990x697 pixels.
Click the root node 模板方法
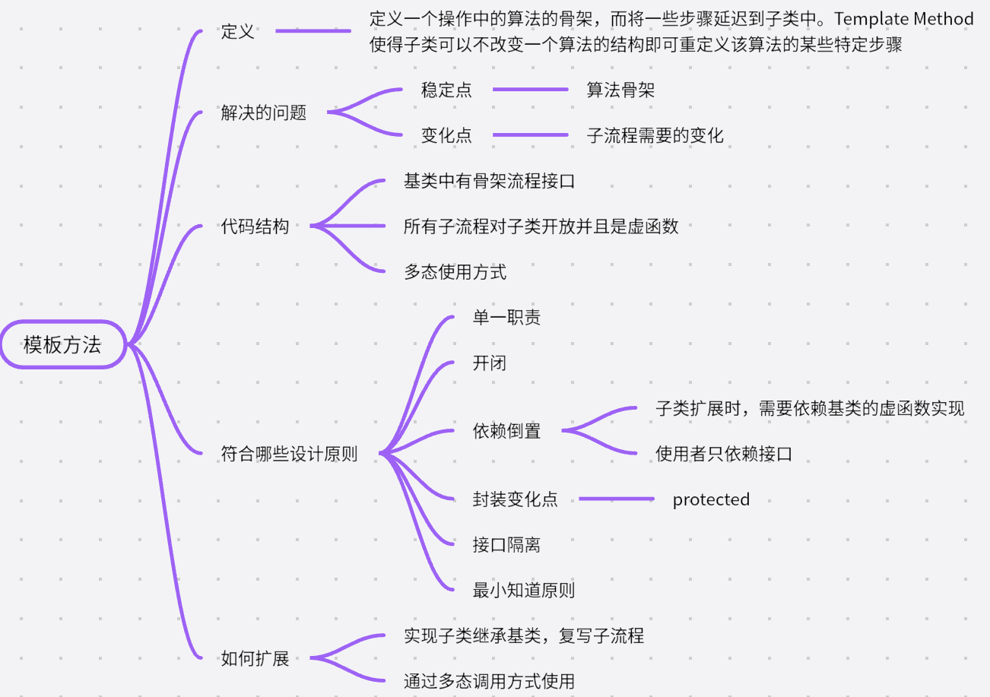click(x=63, y=344)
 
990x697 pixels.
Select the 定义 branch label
click(x=238, y=31)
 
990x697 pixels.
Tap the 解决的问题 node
click(x=263, y=112)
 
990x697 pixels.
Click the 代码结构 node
click(x=255, y=227)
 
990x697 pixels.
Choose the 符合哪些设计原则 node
click(x=289, y=454)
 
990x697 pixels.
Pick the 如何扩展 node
click(x=255, y=658)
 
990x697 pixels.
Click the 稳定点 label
click(x=446, y=90)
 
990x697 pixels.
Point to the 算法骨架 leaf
click(x=620, y=90)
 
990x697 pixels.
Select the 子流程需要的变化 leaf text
click(x=655, y=135)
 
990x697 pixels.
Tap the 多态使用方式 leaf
click(x=455, y=271)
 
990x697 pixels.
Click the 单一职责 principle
click(x=506, y=317)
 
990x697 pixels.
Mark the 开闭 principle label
click(x=489, y=363)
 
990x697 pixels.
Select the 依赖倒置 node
click(x=506, y=431)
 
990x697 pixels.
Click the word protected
click(x=711, y=499)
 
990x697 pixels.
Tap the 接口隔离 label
click(x=506, y=545)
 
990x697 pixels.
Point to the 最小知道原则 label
click(x=524, y=590)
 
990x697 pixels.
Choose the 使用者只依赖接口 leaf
click(x=724, y=454)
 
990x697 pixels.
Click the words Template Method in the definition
click(x=904, y=19)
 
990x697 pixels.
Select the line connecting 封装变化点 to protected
click(x=617, y=499)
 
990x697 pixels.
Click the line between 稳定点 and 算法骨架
click(x=531, y=89)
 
